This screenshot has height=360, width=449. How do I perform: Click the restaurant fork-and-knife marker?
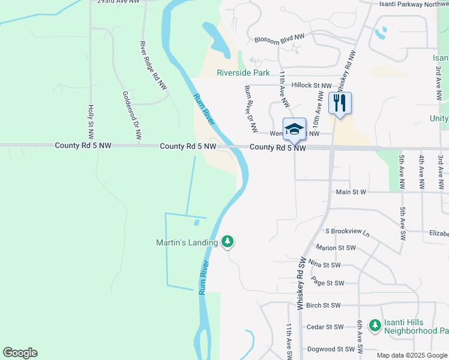(340, 103)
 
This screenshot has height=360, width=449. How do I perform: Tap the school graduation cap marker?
(294, 128)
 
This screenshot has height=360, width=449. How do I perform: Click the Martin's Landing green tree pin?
(227, 242)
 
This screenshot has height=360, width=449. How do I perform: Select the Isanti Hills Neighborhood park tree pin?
(375, 325)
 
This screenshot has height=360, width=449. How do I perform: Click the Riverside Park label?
(244, 73)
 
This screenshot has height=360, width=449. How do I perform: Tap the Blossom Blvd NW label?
(279, 38)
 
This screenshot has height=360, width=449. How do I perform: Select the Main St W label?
(351, 192)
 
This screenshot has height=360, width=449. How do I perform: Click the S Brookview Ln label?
(348, 231)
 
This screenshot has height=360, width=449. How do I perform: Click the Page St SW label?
(328, 283)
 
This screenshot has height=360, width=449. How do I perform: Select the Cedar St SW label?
(325, 327)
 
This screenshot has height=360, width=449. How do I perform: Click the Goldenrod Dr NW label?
(131, 116)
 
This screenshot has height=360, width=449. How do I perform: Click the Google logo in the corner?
(20, 353)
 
